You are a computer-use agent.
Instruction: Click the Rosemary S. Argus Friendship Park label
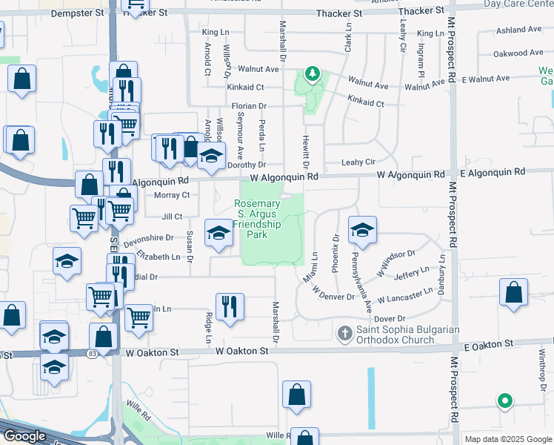point(257,219)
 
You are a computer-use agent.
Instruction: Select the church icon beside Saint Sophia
point(344,334)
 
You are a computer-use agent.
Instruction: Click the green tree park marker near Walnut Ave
point(313,74)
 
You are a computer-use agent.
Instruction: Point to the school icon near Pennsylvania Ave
point(362,230)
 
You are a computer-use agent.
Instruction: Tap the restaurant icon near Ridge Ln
point(230,306)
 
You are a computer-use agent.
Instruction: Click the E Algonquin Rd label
point(493,172)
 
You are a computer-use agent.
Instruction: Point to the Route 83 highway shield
point(92,355)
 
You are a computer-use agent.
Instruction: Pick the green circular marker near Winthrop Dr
point(505,401)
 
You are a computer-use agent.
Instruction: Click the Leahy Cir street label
point(359,162)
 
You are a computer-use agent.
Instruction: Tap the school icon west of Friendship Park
point(218,234)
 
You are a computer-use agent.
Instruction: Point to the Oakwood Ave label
point(518,53)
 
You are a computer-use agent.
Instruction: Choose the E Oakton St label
point(489,344)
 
